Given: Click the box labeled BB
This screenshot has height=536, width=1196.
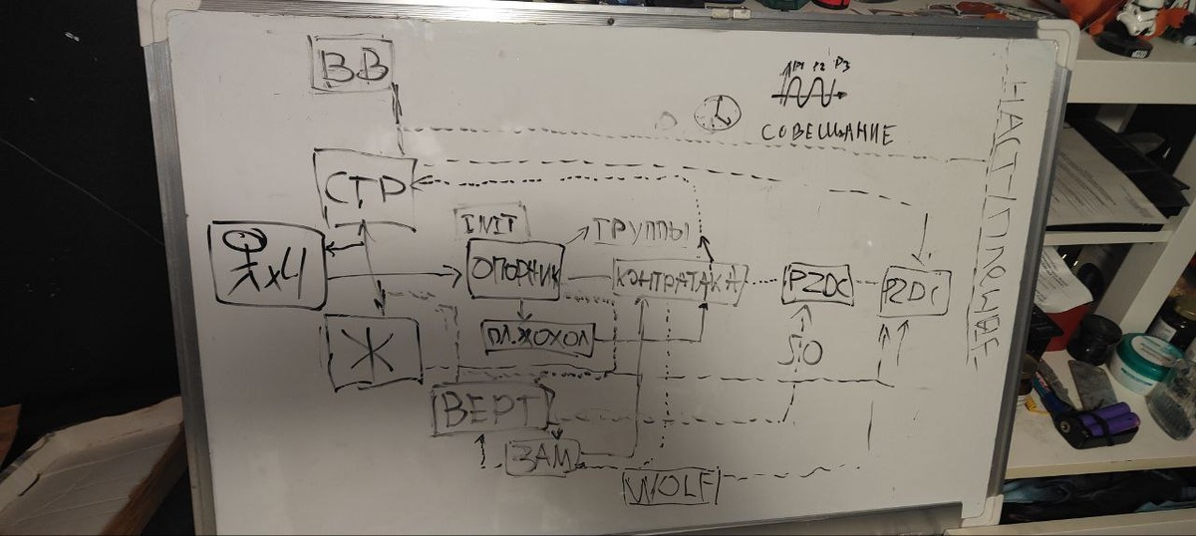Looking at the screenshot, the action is coord(352,66).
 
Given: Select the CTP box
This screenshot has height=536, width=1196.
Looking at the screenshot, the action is coord(365,188).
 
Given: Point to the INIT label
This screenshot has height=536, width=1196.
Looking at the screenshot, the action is coord(491,221).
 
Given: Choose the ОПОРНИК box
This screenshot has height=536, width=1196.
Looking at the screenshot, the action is coord(515,270).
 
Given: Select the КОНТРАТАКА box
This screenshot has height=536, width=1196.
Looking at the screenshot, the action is coord(679,282).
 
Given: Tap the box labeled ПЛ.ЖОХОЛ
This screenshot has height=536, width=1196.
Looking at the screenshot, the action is coord(537,337).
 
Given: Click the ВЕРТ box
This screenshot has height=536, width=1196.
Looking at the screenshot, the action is coord(491,408).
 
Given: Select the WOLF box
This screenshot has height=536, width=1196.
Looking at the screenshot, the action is coord(671,487).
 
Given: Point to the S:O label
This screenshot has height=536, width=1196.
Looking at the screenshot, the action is coord(804,350).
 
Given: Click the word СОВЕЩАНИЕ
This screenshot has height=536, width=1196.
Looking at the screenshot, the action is coord(827,133).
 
